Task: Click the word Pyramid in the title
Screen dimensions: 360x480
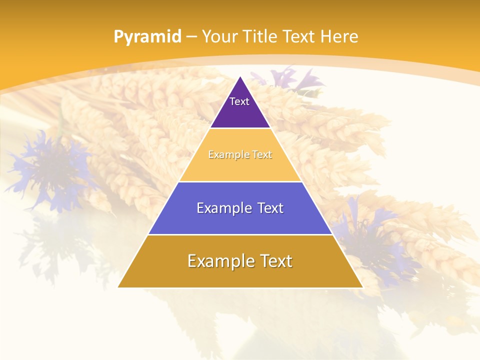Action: click(x=147, y=37)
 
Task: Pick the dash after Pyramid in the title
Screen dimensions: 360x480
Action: click(x=191, y=37)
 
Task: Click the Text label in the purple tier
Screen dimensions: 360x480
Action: click(x=239, y=101)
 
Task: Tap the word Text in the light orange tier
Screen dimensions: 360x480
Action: click(x=262, y=154)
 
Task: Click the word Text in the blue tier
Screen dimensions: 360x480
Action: click(x=270, y=208)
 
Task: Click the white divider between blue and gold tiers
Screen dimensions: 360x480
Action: click(x=240, y=234)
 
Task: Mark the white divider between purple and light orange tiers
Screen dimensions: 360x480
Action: click(x=240, y=128)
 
